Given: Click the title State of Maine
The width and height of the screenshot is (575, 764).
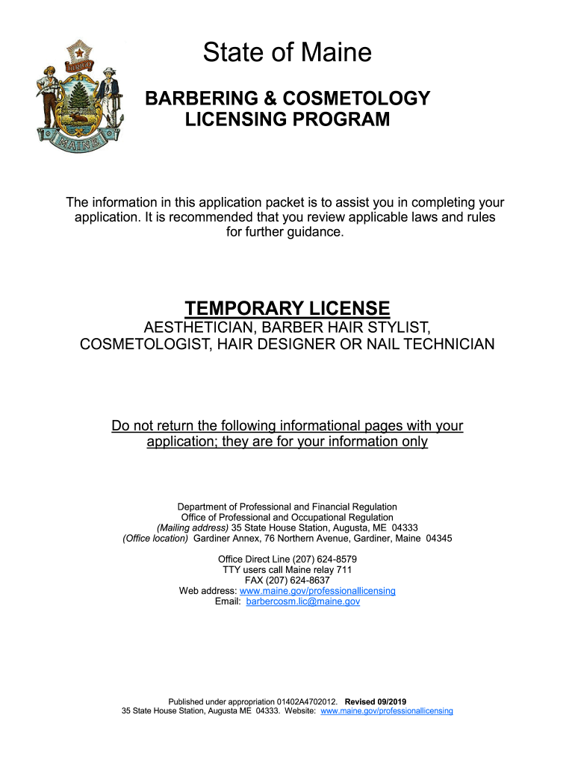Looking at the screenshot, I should pos(287,53).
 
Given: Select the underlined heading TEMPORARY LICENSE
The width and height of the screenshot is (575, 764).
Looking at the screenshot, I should pos(287,308).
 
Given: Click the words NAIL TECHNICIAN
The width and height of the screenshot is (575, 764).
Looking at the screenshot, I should pos(423,345).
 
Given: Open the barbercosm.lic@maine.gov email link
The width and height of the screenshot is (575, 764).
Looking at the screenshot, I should pos(302,601).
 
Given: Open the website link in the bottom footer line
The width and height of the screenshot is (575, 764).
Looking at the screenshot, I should pos(386,711).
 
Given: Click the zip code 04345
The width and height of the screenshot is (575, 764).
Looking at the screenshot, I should pos(438,538).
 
